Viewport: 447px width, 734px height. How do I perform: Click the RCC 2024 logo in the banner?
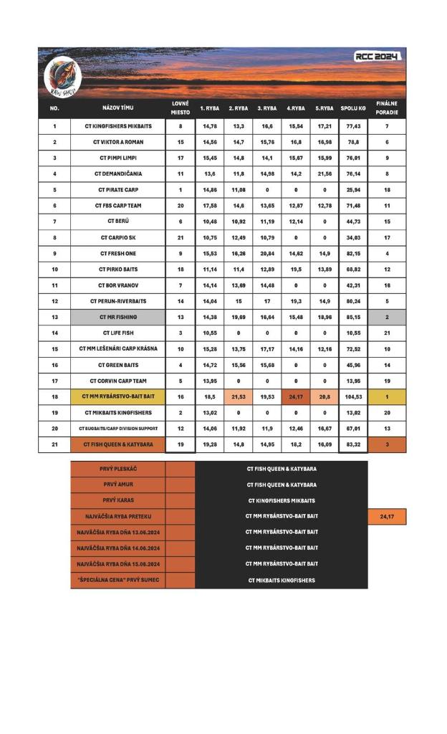378,57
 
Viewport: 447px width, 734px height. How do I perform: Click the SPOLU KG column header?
352,108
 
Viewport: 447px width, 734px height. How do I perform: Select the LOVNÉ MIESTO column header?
181,108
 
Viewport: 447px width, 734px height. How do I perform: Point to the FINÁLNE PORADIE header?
387,108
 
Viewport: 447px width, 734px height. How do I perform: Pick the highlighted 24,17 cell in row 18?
295,396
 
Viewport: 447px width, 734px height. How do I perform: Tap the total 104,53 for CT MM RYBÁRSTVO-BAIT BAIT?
352,396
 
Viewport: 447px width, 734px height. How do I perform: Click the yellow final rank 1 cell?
387,396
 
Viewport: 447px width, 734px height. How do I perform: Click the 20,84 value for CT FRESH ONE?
266,254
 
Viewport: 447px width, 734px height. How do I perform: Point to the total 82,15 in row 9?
352,254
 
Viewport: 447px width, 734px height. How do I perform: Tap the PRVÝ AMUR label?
117,485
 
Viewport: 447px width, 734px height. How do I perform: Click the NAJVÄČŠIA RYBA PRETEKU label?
117,516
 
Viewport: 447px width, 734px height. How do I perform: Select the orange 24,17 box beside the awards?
387,516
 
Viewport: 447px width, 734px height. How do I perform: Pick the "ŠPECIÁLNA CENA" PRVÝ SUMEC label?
117,580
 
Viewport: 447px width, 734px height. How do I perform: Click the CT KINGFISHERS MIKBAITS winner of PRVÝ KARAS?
282,500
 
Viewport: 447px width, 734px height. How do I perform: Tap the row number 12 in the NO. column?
54,301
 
